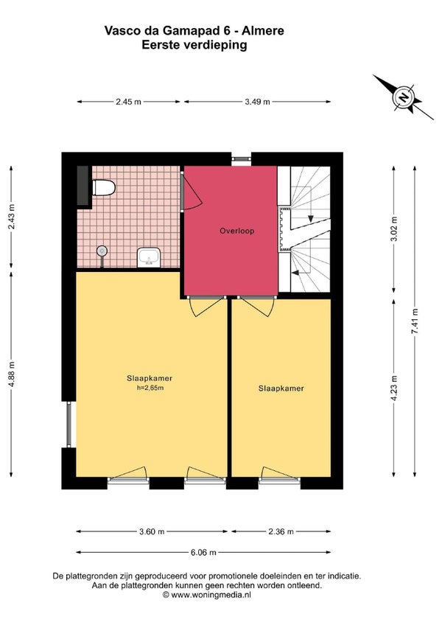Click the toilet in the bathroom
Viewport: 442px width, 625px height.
point(104,188)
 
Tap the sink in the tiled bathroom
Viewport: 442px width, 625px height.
point(149,257)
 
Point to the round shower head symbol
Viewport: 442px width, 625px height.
point(102,251)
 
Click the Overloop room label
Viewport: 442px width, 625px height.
point(236,231)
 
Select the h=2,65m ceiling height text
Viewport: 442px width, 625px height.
point(150,388)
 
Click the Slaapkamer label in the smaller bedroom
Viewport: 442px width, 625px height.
point(281,388)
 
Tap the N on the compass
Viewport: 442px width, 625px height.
point(404,97)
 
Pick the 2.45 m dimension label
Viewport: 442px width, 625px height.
point(128,102)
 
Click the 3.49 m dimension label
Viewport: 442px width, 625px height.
point(257,102)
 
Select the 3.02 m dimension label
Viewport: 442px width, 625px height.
point(394,229)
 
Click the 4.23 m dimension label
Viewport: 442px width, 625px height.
point(394,388)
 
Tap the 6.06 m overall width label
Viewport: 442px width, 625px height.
point(203,553)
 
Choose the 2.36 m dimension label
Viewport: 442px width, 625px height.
point(281,531)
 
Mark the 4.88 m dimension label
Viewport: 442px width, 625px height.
point(11,374)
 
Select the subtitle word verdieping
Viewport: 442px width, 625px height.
point(215,45)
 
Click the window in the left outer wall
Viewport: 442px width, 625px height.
point(69,424)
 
